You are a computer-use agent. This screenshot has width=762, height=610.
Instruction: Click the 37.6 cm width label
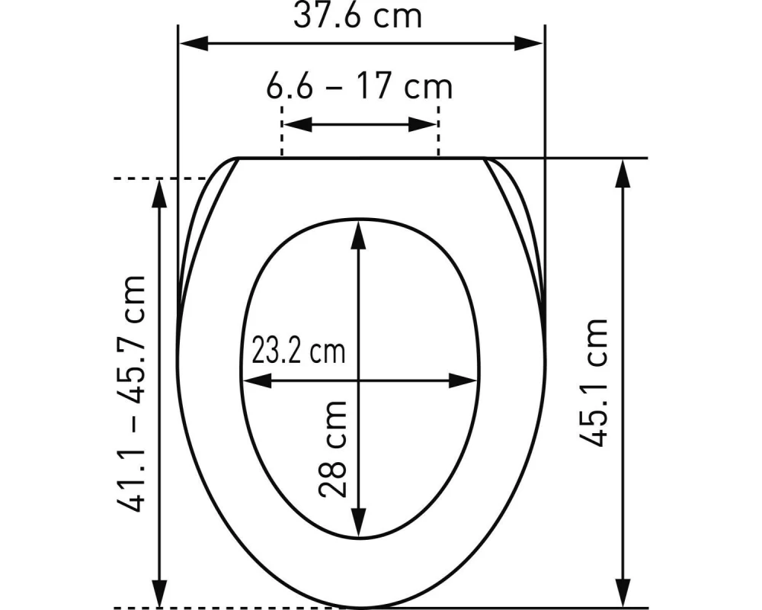pyautogui.click(x=358, y=15)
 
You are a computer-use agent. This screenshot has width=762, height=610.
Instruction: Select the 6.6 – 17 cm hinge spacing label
pyautogui.click(x=359, y=86)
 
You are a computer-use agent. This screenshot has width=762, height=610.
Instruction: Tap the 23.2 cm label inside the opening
pyautogui.click(x=298, y=352)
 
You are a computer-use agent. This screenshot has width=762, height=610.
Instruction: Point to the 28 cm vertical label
pyautogui.click(x=333, y=448)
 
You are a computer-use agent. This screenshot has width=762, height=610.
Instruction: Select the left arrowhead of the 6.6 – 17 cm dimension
pyautogui.click(x=296, y=124)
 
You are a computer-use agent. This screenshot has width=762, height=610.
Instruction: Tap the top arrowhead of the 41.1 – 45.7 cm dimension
pyautogui.click(x=159, y=193)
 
